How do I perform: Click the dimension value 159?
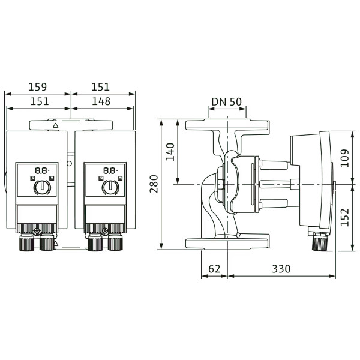click(x=37, y=87)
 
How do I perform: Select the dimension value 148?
click(x=101, y=101)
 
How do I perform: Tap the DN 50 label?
click(x=227, y=102)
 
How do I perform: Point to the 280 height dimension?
click(x=154, y=184)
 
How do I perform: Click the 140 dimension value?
click(x=170, y=152)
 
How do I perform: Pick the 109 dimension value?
click(x=344, y=158)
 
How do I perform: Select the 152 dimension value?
click(x=344, y=217)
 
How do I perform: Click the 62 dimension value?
click(x=214, y=269)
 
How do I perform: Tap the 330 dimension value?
click(x=281, y=269)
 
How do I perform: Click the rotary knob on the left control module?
click(x=42, y=187)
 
